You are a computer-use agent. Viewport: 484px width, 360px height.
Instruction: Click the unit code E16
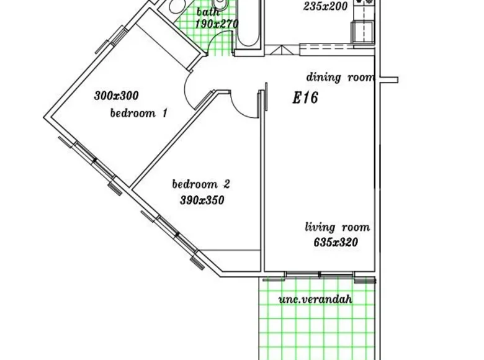305,98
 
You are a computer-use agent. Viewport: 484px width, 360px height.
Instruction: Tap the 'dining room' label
340,78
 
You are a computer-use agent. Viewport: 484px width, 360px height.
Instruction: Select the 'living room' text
337,227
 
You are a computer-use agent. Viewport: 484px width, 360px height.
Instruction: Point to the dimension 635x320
336,243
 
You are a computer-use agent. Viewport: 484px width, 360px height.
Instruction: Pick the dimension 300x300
116,96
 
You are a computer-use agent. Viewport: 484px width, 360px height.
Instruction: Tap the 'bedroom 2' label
201,184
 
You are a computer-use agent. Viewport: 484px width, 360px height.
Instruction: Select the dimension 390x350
201,200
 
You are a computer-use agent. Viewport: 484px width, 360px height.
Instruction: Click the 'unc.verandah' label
315,299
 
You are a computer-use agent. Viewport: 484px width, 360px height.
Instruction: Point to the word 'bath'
208,12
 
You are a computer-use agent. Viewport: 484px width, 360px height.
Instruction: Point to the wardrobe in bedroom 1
165,40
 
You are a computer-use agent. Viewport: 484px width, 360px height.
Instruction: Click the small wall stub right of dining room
389,79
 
